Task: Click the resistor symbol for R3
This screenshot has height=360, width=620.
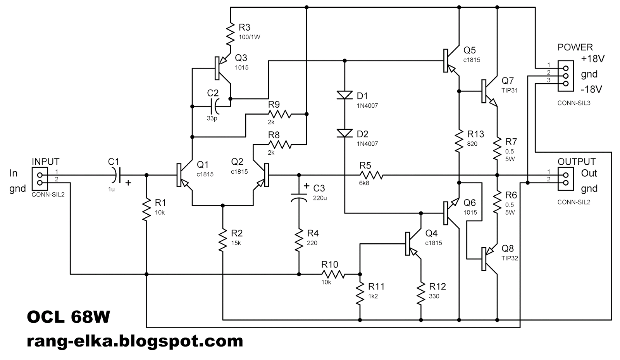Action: coord(231,34)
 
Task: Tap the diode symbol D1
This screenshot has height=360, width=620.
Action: coord(344,95)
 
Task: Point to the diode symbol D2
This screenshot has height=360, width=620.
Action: coord(344,133)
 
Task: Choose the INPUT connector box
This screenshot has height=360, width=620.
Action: coord(40,179)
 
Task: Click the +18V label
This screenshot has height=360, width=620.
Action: coord(592,59)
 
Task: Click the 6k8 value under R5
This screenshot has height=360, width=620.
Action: coord(364,183)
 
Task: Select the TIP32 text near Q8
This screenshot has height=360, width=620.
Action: coord(510,258)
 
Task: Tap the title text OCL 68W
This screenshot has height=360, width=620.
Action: coord(69,318)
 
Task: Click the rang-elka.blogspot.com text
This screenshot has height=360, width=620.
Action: coord(135,341)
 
